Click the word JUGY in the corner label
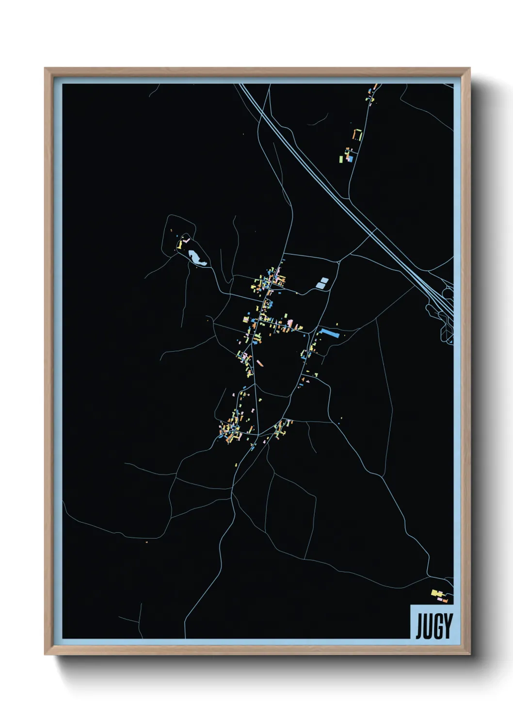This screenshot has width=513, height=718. (433, 626)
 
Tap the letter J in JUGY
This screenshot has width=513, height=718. (419, 626)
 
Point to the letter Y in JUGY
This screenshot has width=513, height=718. (448, 626)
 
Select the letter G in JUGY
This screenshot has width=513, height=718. (438, 626)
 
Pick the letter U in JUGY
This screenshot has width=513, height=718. (429, 626)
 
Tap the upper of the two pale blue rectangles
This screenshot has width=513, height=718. (324, 280)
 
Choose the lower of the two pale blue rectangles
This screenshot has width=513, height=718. (321, 285)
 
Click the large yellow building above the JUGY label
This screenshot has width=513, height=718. (435, 592)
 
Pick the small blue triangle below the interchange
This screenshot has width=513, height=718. (450, 341)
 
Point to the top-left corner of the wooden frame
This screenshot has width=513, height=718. (45, 68)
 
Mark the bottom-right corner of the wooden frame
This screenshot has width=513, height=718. (470, 654)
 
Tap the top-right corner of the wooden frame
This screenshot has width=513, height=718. (470, 68)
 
